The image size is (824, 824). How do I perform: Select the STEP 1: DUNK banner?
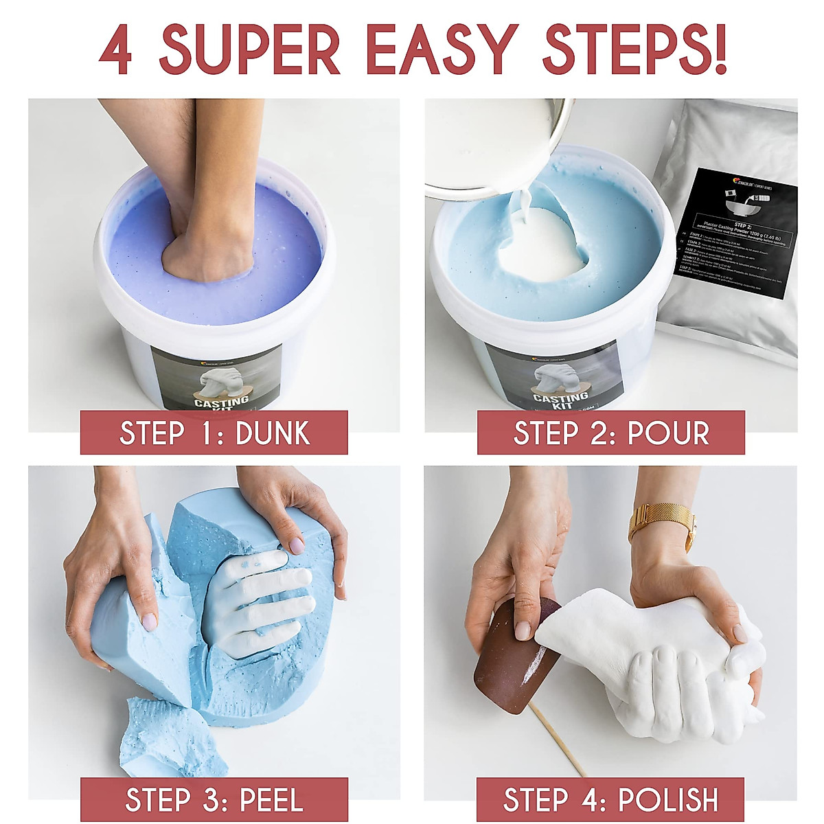(214, 433)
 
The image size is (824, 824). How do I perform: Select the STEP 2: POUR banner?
(610, 433)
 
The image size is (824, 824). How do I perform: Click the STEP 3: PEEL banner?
(214, 799)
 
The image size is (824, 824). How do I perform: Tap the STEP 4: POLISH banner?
(610, 799)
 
